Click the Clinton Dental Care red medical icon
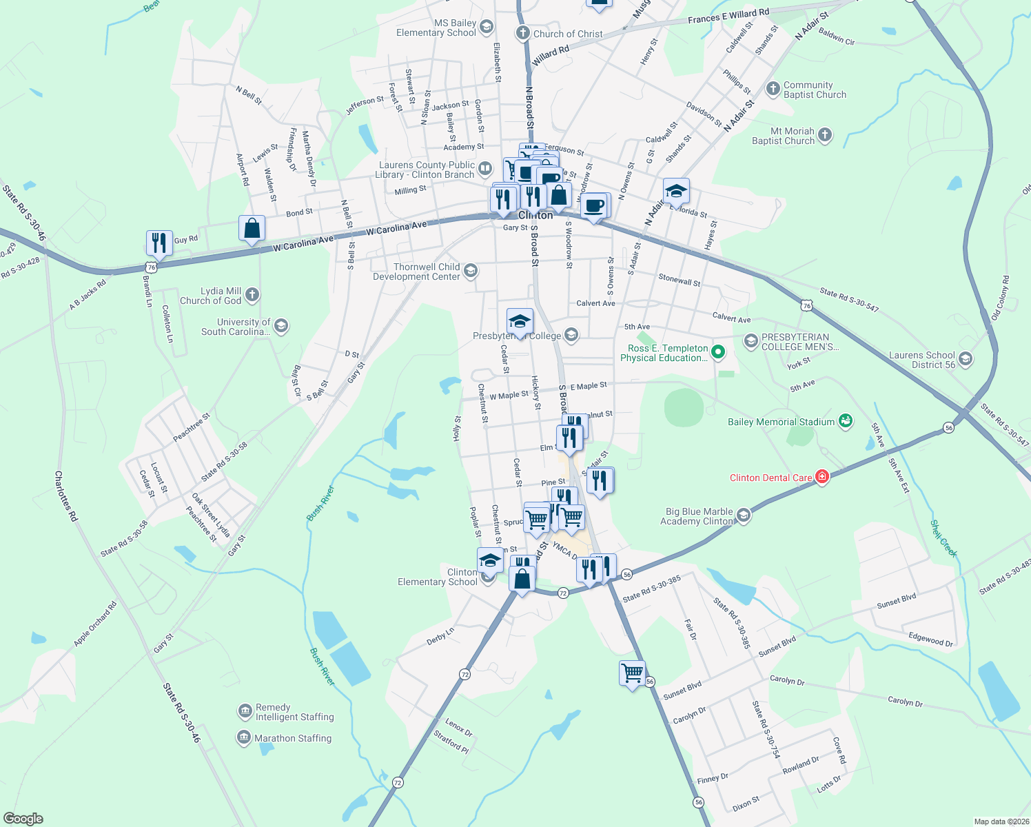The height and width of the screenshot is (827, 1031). tap(821, 477)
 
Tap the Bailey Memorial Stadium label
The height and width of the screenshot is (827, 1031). tap(781, 422)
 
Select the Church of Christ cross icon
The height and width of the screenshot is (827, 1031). tap(523, 33)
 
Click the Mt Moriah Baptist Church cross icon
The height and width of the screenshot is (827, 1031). tap(825, 135)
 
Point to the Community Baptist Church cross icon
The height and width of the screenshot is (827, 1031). tap(773, 89)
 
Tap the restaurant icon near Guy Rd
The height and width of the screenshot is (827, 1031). tap(159, 243)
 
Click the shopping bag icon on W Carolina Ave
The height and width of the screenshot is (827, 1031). tap(252, 227)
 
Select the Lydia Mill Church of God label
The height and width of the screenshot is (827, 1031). tap(210, 296)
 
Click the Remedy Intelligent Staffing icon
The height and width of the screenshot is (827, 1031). tap(245, 711)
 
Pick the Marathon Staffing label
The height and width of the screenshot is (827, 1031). tap(293, 738)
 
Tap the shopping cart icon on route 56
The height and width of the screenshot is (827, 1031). tap(632, 672)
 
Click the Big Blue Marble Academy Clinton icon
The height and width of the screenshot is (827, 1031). tap(743, 515)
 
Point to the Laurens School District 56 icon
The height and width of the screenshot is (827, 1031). tap(966, 359)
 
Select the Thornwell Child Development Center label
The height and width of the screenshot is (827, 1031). tap(416, 272)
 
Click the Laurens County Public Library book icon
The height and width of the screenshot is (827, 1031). tap(486, 169)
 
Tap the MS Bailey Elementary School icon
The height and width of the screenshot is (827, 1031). tap(487, 27)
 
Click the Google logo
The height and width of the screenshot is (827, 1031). tap(23, 818)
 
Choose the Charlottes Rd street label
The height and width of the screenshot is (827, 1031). tap(66, 496)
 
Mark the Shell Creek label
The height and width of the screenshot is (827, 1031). tap(943, 538)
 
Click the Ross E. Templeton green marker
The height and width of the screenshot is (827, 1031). tap(718, 352)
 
